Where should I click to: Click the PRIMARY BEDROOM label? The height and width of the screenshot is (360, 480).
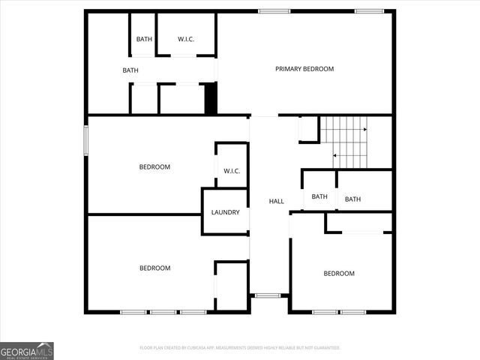click(304, 69)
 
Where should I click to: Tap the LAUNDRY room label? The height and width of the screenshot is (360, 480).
click(225, 212)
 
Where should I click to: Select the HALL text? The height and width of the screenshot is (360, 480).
click(276, 201)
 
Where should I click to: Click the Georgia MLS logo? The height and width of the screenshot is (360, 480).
click(27, 350)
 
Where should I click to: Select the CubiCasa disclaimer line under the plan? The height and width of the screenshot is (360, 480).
click(240, 348)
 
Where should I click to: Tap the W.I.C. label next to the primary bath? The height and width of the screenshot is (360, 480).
click(186, 39)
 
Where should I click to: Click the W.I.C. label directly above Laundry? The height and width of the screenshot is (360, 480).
click(231, 171)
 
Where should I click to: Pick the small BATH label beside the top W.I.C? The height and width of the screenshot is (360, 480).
click(144, 39)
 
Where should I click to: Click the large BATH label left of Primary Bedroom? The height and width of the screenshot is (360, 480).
click(130, 70)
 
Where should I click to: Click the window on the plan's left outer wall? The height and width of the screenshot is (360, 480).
click(86, 140)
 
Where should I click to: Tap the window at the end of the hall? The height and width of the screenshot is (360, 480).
click(268, 295)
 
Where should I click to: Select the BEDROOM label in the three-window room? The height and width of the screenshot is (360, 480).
click(154, 268)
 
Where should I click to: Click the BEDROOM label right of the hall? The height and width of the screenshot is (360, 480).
click(338, 273)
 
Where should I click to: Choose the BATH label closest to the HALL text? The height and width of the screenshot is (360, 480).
click(319, 197)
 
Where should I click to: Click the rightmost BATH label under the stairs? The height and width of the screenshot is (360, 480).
click(352, 199)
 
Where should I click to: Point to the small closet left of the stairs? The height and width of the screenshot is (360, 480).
click(308, 129)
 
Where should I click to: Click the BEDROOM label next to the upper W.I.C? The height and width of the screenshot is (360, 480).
click(154, 166)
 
